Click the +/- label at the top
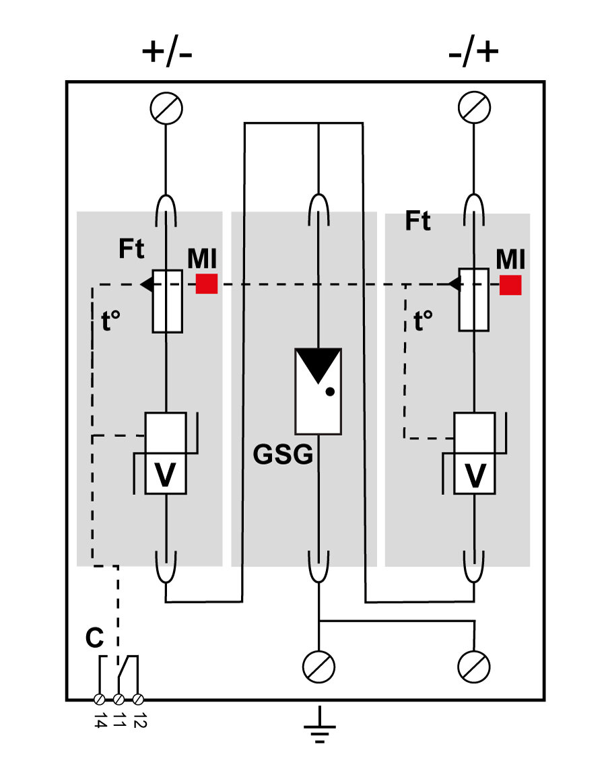166,53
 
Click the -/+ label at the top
473,53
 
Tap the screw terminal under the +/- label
166,107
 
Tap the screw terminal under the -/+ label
474,107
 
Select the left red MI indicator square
207,284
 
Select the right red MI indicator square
510,284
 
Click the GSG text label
283,456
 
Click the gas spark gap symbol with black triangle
318,391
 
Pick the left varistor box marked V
166,454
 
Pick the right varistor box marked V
475,454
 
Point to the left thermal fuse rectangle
167,300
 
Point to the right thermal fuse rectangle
473,300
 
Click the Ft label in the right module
417,222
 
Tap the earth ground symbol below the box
318,726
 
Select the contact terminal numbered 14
99,699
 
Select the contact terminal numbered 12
139,699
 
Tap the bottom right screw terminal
474,667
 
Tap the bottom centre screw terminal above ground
318,667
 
